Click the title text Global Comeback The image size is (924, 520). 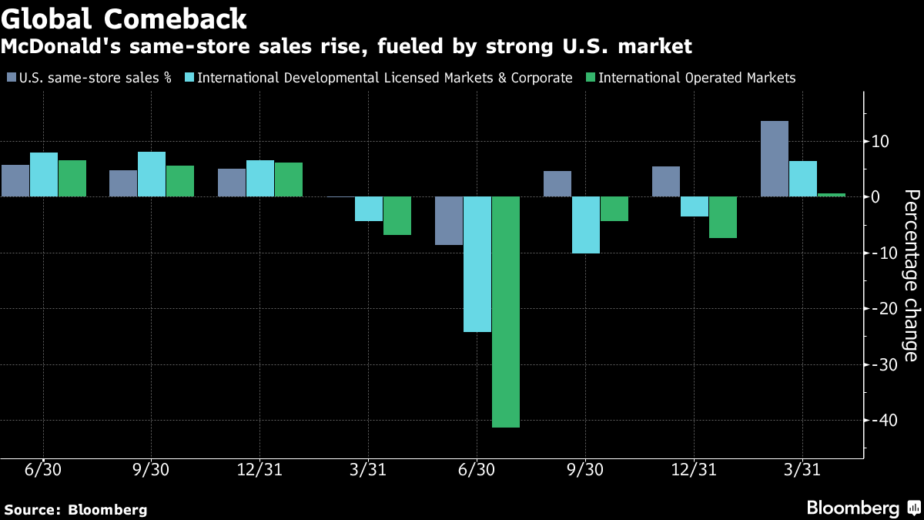pos(124,18)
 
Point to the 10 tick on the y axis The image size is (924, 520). pos(880,141)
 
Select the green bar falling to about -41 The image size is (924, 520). pos(506,311)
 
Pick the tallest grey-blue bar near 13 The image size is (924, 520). pos(774,159)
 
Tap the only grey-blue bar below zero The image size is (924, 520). pos(449,221)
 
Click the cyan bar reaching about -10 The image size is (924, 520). pos(586,225)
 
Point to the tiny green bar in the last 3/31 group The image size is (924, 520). pos(831,195)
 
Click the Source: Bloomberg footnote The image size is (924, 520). pos(75,510)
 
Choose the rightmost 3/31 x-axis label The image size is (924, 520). pos(802,470)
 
